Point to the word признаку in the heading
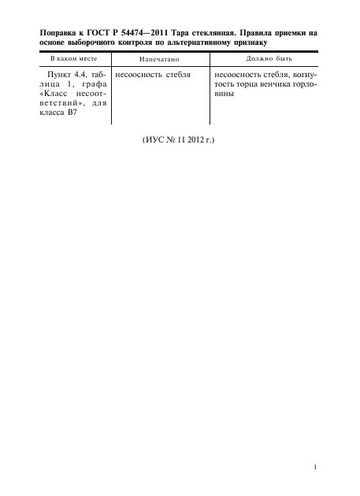[251, 43]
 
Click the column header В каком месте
[74, 58]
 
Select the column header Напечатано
[159, 59]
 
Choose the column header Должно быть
[269, 58]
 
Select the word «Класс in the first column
[54, 94]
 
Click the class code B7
[72, 113]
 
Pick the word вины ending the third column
[225, 94]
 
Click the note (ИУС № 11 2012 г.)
[178, 140]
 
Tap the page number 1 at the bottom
[315, 467]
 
